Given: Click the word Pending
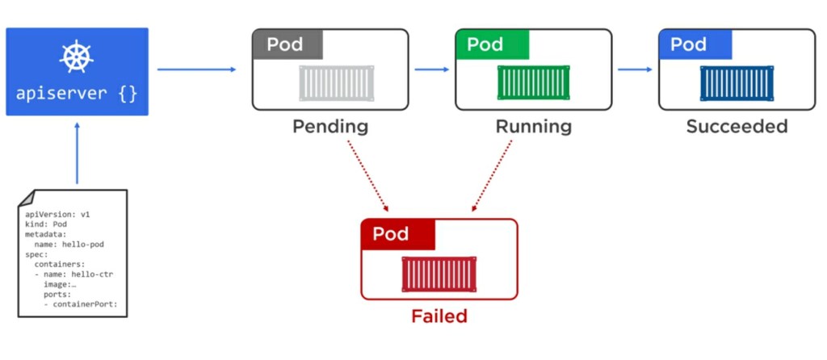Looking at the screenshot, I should pyautogui.click(x=330, y=127).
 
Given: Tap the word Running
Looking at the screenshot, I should pyautogui.click(x=533, y=127).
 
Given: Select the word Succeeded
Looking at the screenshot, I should pyautogui.click(x=737, y=127).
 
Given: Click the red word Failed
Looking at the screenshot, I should pyautogui.click(x=439, y=316).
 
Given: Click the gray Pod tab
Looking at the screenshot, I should pyautogui.click(x=287, y=44).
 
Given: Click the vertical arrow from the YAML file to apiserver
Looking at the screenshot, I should pyautogui.click(x=77, y=153).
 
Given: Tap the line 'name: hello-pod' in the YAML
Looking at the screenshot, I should pyautogui.click(x=69, y=245).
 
